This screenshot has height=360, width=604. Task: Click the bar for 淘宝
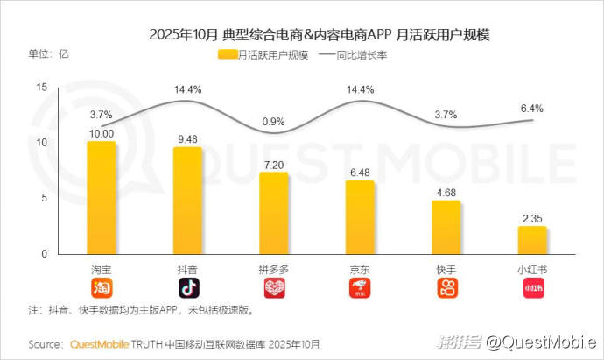[x=101, y=197]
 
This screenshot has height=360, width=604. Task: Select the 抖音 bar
[x=187, y=200]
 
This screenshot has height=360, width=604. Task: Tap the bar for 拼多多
[x=273, y=213]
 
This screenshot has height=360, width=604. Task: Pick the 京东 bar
[x=360, y=217]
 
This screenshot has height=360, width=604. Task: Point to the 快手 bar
[x=446, y=227]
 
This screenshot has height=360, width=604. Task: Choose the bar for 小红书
[x=532, y=240]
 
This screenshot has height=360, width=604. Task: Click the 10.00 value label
[x=101, y=133]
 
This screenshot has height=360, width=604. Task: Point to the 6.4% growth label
[x=532, y=109]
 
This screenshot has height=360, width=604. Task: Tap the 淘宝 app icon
[x=101, y=288]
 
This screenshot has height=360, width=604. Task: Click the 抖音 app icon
[x=187, y=288]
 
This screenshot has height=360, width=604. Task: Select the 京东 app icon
[x=360, y=288]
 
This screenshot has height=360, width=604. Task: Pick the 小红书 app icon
[x=532, y=288]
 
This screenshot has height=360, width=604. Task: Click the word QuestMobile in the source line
[x=99, y=343]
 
